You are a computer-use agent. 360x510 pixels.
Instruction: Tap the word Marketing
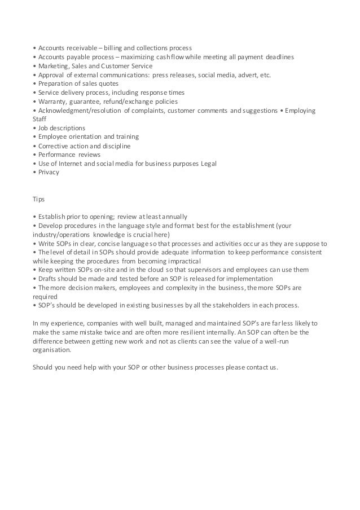52,65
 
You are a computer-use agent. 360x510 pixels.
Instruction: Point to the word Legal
208,164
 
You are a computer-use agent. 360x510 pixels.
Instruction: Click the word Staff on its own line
40,119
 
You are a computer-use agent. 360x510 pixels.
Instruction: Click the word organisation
52,350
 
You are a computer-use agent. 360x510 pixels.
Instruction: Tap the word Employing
301,111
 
